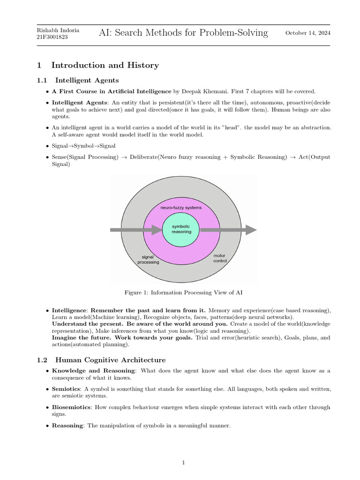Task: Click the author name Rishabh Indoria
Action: point(58,30)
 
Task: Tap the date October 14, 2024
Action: point(307,33)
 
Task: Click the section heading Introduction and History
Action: point(105,65)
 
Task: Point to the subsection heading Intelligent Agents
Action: point(87,80)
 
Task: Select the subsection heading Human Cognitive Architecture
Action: point(110,360)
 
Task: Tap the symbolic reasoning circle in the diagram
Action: point(181,229)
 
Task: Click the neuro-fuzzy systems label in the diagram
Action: point(181,207)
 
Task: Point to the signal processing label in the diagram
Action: point(148,259)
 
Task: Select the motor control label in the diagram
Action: point(220,258)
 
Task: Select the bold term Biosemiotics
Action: point(70,407)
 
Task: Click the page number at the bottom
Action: point(184,463)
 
